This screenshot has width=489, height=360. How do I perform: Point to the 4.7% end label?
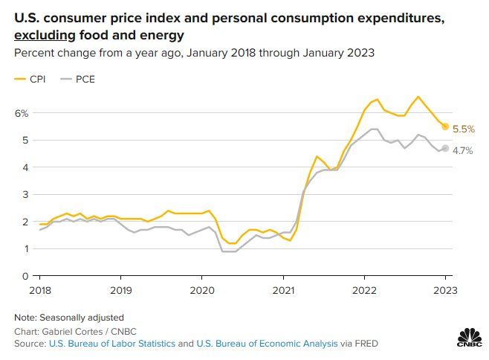462,150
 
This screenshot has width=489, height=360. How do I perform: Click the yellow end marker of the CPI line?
445,126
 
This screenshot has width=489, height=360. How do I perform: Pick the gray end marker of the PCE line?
445,148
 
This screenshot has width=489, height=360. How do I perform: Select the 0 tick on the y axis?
25,277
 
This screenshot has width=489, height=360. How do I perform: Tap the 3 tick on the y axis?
25,195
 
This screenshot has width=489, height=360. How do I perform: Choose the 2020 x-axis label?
202,289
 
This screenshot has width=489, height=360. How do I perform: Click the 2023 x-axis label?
444,289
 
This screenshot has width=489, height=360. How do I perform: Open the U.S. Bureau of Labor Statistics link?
111,344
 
